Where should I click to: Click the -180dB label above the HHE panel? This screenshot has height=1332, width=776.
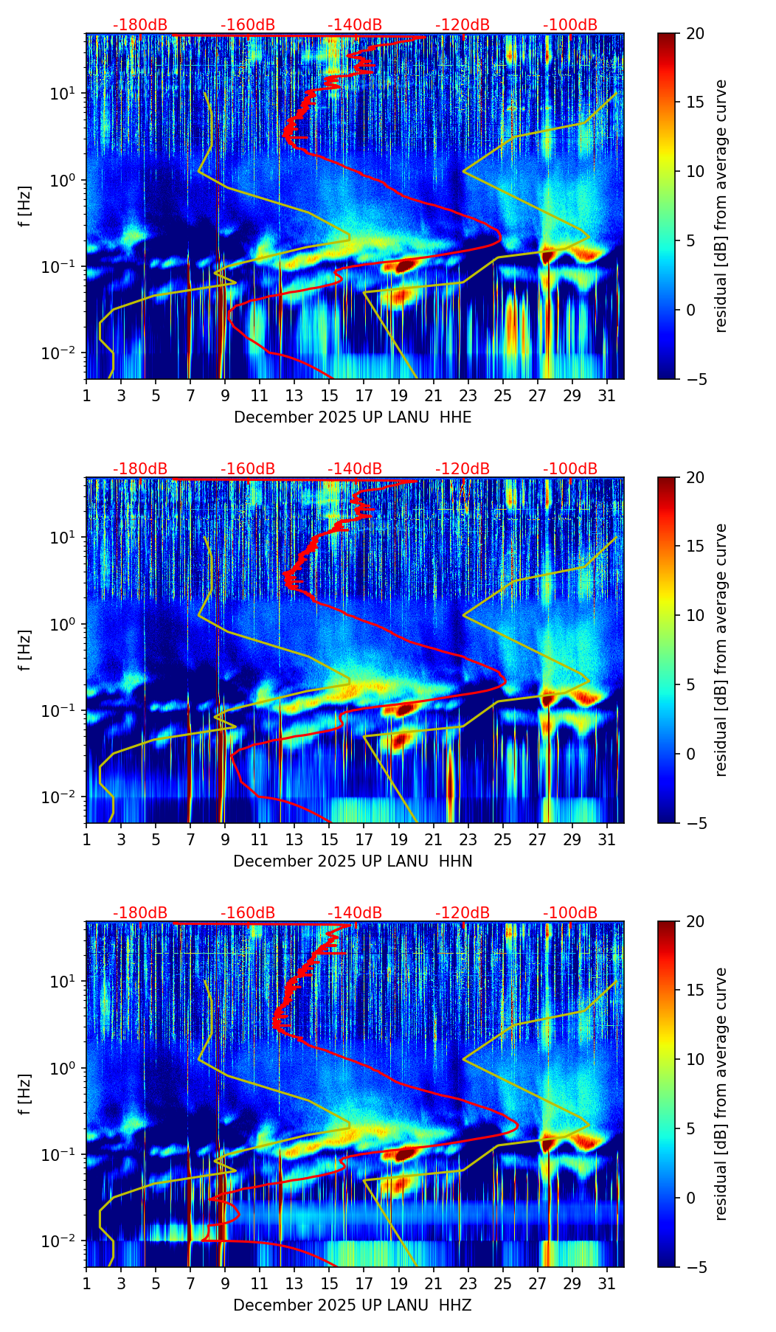pos(140,25)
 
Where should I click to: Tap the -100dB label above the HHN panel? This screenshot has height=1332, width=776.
pos(570,469)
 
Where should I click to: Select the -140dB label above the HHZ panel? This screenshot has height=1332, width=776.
pos(355,913)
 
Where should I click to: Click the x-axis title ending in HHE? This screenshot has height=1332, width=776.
pos(353,417)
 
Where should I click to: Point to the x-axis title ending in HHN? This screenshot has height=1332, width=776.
pos(353,861)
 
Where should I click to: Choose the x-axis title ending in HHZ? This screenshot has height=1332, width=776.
pos(353,1305)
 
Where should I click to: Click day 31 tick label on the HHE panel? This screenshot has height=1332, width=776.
pos(607,396)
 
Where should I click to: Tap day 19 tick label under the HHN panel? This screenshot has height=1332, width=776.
pos(398,840)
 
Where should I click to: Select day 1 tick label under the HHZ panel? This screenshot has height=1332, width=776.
pos(86,1284)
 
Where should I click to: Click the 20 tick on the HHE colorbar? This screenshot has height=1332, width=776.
pos(695,33)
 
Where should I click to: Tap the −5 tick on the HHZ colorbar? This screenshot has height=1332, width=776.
pos(695,1267)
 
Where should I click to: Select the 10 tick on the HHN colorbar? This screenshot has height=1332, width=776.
pos(695,615)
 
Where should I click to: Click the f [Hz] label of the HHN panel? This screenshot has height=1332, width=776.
pos(25,650)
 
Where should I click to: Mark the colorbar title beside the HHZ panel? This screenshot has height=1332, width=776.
pos(721,1094)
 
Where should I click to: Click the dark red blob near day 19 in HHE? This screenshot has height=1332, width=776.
pos(403,266)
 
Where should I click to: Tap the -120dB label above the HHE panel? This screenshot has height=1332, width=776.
pos(463,25)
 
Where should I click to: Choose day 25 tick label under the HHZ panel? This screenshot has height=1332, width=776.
pos(502,1284)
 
